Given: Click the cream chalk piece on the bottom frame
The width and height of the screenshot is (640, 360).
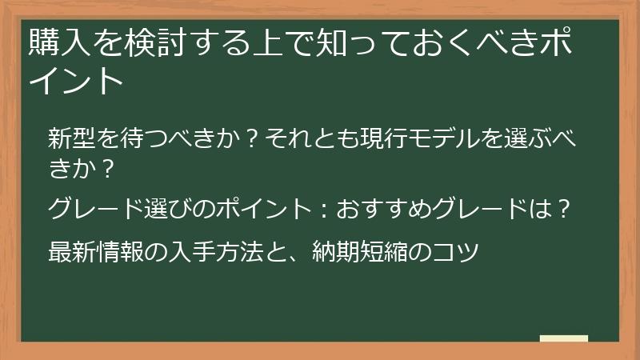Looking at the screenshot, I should (x=563, y=338).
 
